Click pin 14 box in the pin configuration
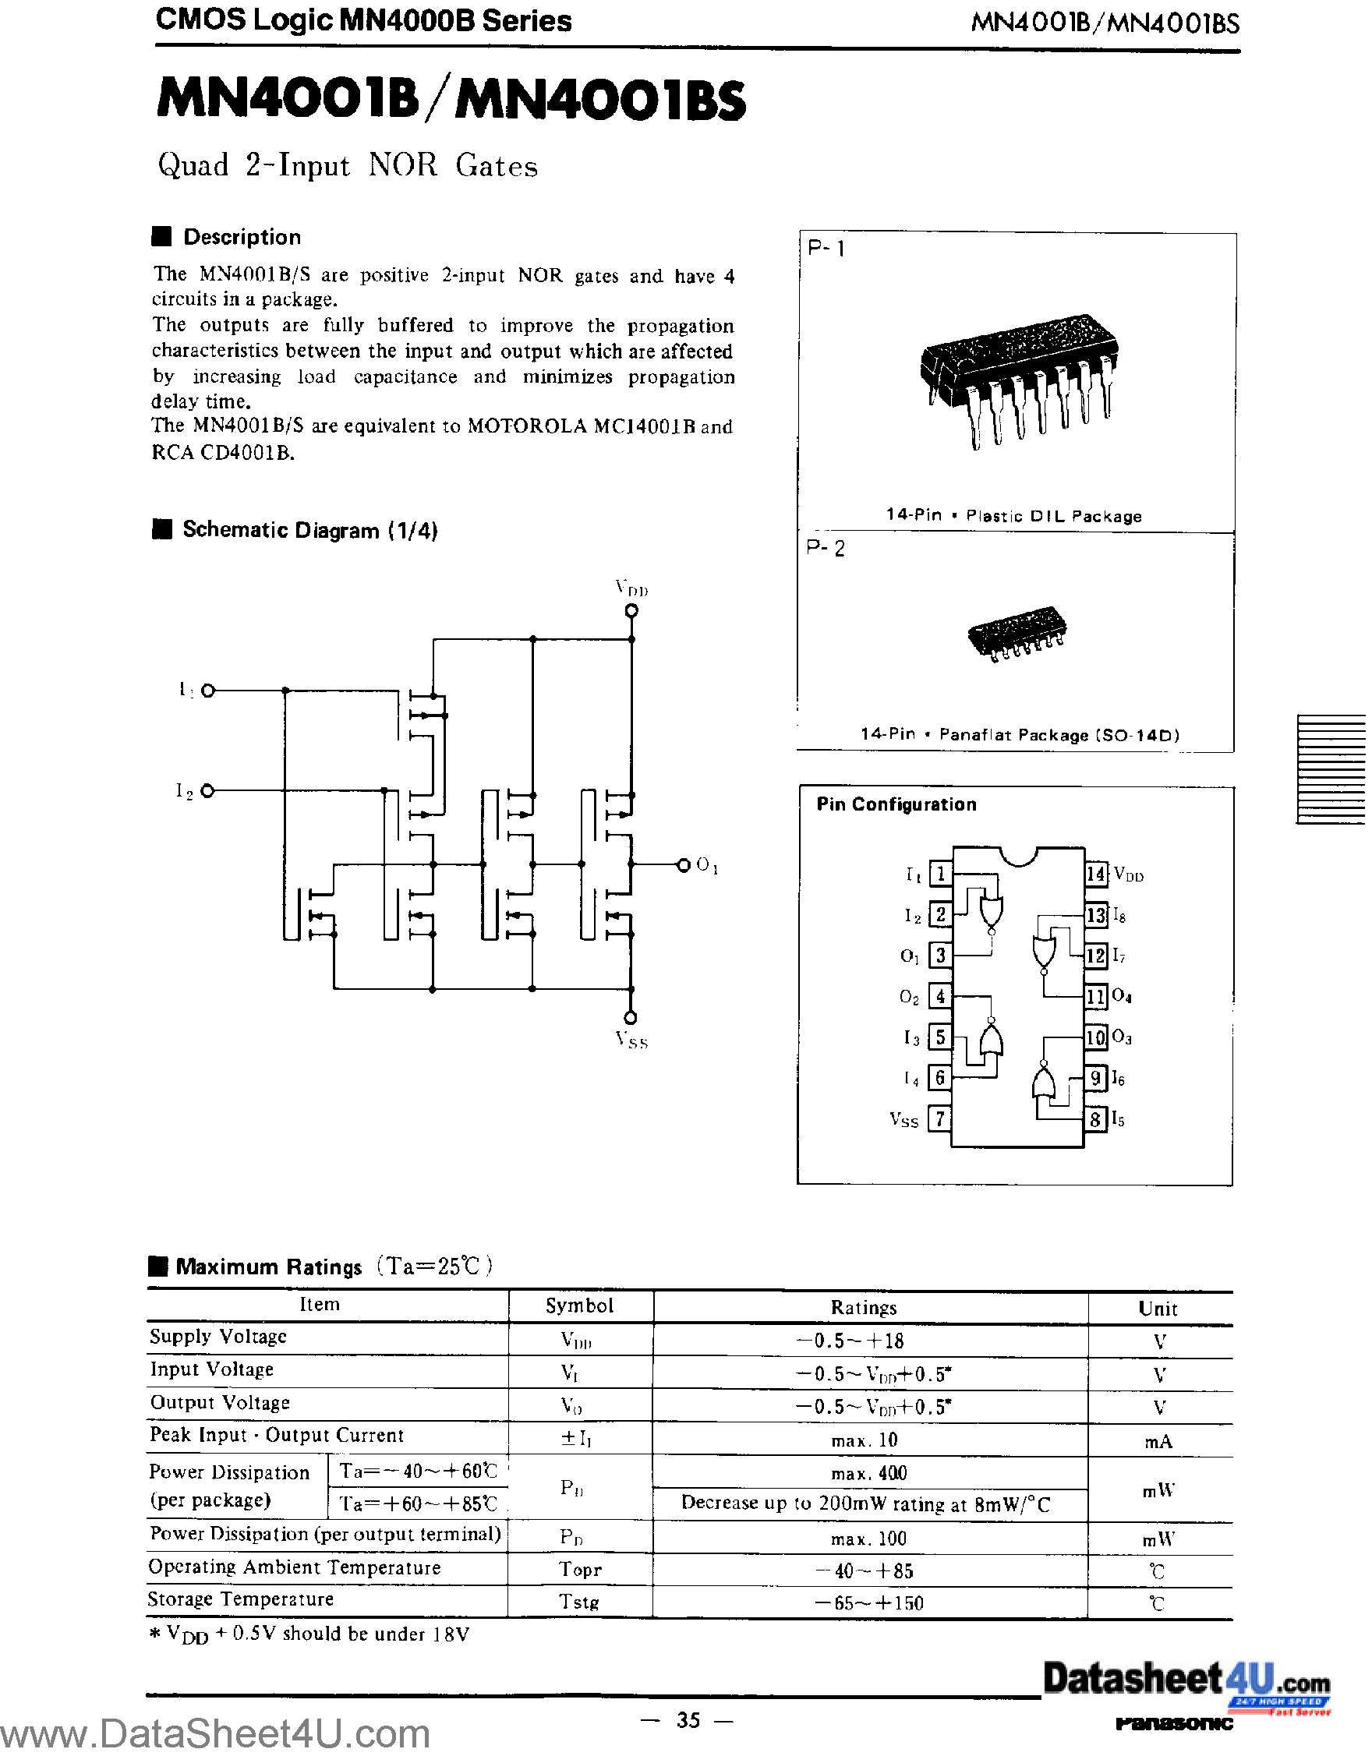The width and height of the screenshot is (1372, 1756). pos(1096,874)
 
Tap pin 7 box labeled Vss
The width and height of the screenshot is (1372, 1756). pos(939,1118)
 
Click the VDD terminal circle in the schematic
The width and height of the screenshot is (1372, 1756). pos(631,611)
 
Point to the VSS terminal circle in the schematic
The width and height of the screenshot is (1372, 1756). pos(631,1018)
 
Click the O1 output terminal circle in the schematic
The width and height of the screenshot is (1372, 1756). pos(683,865)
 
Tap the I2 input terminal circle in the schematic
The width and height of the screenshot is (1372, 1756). pos(207,791)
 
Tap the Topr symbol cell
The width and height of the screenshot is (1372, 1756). pos(580,1570)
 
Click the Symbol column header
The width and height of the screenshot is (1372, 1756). pos(579,1306)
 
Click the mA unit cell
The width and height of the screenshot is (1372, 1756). pos(1158,1442)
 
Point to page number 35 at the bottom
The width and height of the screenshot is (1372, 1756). pos(688,1720)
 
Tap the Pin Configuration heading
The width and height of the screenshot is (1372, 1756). pos(896,804)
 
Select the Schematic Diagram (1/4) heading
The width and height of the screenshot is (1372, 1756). pos(309,530)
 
